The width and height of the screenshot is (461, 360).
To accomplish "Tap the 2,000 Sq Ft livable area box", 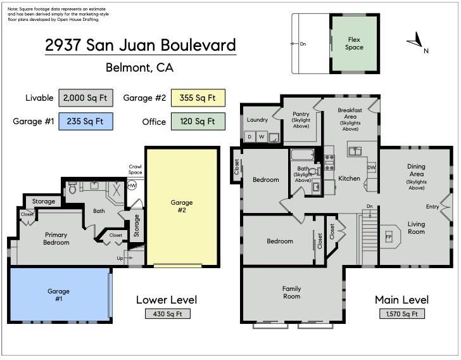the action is point(85,98).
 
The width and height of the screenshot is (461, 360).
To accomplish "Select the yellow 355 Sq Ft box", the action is point(198,98).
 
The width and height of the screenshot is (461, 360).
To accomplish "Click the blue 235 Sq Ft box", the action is point(85,121).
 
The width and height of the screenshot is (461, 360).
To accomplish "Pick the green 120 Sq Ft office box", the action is point(198,121).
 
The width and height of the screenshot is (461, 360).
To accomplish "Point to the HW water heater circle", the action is point(132,186).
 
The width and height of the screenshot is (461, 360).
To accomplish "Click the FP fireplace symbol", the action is point(389,237).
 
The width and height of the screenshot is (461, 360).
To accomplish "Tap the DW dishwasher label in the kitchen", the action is point(372,167).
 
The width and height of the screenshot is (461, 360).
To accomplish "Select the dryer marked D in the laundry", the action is point(249,136).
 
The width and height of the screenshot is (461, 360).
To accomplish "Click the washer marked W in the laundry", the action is point(262,136).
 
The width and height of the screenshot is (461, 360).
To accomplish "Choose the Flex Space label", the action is point(354,43).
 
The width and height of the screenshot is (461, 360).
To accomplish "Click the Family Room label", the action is point(292,293).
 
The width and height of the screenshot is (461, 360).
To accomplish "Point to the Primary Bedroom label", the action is point(56,239).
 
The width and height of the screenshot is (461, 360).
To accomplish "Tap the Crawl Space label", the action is point(136,170).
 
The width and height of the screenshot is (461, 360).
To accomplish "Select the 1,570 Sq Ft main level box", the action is point(402,314).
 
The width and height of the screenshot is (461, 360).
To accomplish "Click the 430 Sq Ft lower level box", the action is point(168,314).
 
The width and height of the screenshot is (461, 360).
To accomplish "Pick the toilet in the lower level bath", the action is point(72,188).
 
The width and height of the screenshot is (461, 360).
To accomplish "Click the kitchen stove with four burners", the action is point(329,162).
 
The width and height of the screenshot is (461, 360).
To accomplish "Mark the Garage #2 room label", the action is point(182,206).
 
